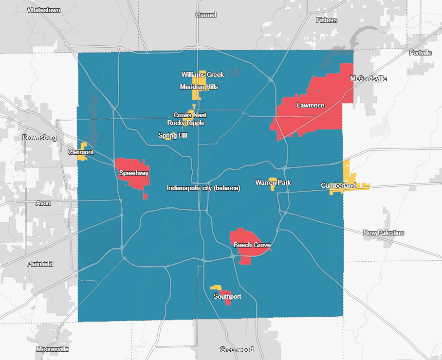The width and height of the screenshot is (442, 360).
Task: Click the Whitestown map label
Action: tap(44, 10)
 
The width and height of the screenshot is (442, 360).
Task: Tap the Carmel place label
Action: tap(206, 15)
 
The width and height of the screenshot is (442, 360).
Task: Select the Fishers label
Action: tap(326, 20)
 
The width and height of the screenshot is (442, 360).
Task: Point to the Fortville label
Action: tap(421, 53)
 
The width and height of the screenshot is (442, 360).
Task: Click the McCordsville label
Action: tap(368, 78)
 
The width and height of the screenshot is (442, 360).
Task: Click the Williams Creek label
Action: tap(203, 74)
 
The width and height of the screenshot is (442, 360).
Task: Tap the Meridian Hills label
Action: tap(199, 87)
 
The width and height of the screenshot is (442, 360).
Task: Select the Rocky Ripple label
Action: tap(186, 123)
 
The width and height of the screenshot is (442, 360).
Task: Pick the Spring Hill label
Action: tap(173, 136)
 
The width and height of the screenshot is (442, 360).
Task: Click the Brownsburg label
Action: tap(39, 137)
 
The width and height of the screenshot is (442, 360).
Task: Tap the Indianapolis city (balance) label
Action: tap(203, 188)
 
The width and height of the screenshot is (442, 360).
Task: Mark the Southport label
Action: tap(227, 296)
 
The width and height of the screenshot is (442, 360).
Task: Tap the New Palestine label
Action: tap(384, 233)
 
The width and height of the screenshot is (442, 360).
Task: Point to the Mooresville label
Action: tap(53, 349)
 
